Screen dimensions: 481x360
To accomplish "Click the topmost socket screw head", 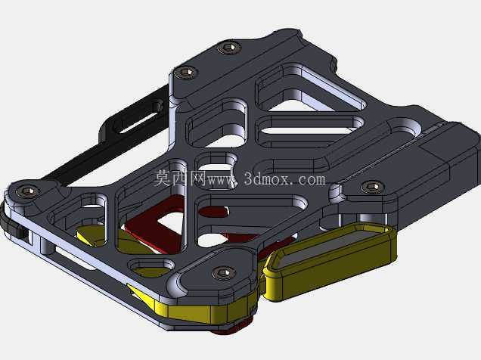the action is pos(229,48).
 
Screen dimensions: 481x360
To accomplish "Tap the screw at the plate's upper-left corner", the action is pos(185,73).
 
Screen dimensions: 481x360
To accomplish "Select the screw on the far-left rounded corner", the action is pos(28,191).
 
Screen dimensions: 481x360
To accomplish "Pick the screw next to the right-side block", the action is pos(372,187).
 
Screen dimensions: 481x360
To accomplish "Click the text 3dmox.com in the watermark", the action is pos(284,179).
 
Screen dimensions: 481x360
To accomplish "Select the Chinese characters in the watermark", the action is pos(180,178).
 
